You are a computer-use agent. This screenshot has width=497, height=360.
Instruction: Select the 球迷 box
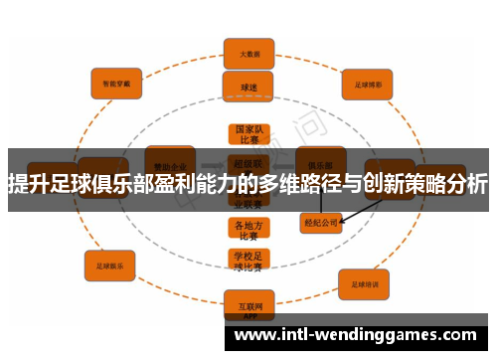pos(248,87)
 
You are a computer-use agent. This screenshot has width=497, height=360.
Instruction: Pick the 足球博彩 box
pos(367,85)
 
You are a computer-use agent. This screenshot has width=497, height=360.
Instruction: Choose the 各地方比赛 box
pos(248,230)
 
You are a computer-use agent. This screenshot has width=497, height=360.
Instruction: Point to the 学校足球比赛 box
pos(248,261)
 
